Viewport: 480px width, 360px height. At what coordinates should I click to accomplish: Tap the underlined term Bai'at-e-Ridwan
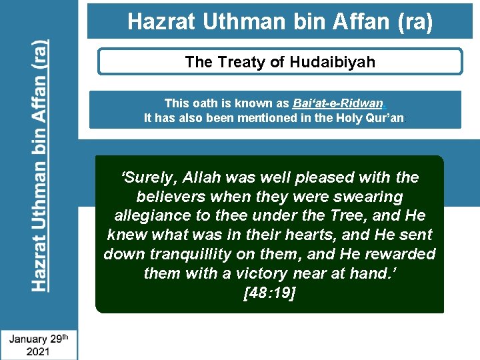[338, 103]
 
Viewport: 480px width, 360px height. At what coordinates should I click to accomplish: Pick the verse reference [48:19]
[269, 293]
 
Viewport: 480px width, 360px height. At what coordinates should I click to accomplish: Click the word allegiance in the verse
[149, 216]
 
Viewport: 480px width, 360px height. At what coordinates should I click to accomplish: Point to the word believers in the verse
[169, 197]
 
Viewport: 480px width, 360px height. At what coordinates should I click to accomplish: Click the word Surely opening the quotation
[149, 177]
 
